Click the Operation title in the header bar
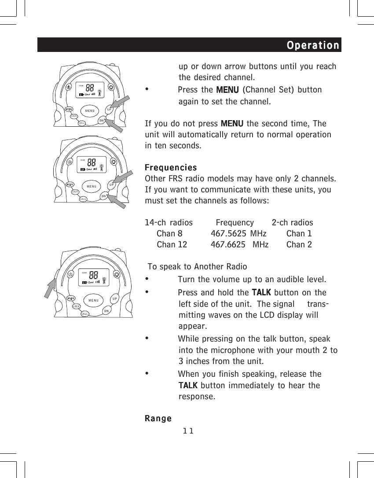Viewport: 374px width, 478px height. (313, 45)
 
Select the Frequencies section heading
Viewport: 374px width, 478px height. (171, 168)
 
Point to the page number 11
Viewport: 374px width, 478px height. (189, 430)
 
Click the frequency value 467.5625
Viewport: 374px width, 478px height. (228, 234)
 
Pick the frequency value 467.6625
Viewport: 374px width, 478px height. (228, 245)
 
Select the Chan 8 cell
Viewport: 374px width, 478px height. (169, 234)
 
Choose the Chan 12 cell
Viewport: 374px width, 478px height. (172, 245)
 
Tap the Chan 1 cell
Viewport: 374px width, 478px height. (299, 234)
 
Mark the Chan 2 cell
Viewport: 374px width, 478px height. (299, 245)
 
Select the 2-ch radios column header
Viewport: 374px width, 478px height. (292, 223)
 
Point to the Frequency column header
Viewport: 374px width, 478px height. (235, 223)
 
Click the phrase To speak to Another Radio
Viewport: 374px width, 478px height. (198, 267)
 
